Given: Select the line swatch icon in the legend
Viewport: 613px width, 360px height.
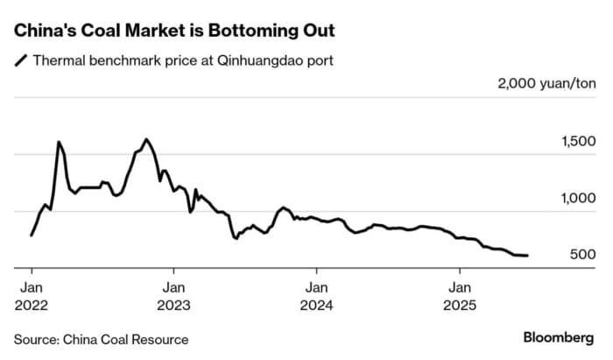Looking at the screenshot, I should [x=19, y=61].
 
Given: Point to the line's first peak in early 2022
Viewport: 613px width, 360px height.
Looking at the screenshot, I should [x=58, y=142].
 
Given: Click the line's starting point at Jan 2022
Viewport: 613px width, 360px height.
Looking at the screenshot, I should [x=32, y=235].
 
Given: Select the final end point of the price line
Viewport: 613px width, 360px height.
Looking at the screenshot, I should [x=527, y=256].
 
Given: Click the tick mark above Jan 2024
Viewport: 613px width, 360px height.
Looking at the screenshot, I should [x=316, y=271].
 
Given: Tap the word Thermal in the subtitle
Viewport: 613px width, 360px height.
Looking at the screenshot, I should [x=57, y=60].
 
